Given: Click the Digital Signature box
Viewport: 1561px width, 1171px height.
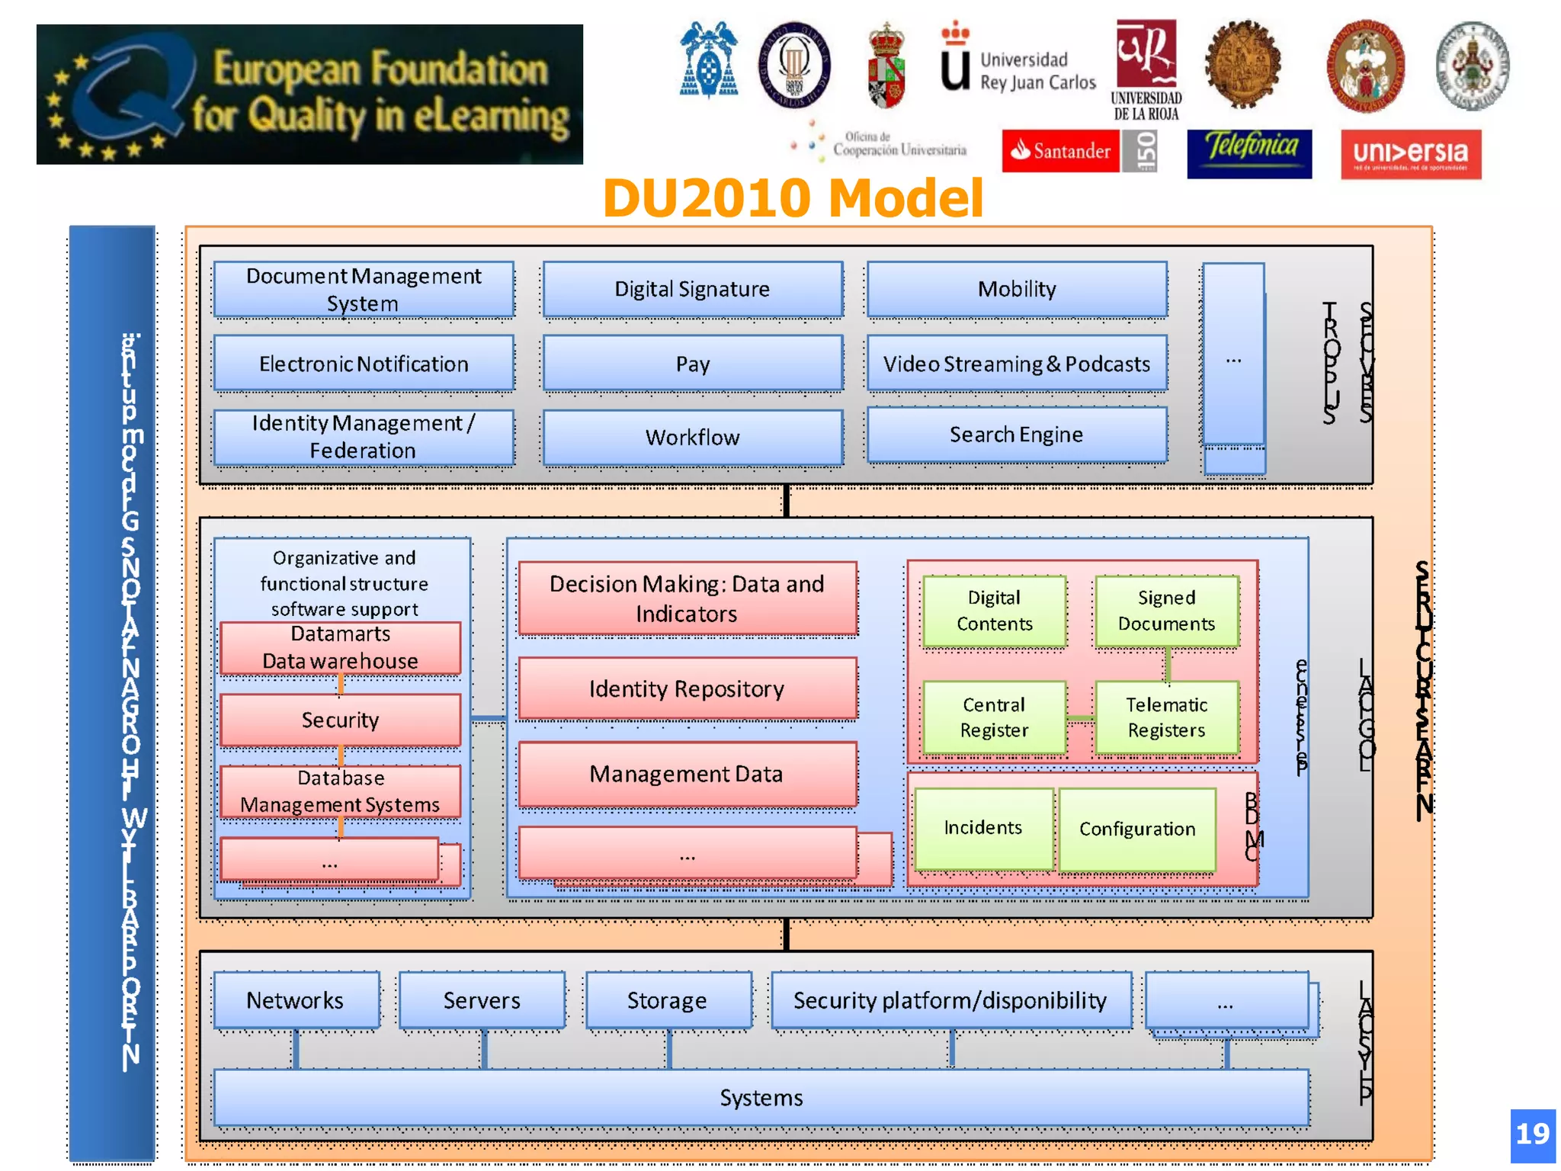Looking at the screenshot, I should pos(692,290).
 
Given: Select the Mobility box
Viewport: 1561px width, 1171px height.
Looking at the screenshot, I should pos(1017,290).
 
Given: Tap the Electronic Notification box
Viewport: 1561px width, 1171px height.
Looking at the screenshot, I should pos(364,364).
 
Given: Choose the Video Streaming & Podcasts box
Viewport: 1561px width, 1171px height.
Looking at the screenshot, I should pos(1017,364).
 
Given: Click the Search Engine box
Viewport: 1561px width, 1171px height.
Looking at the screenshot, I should pos(1017,435).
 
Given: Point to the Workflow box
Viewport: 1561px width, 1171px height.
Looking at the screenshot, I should pos(692,438).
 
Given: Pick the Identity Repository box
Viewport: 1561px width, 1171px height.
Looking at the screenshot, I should pos(687,689).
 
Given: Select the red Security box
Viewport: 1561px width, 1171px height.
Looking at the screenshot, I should pos(340,720).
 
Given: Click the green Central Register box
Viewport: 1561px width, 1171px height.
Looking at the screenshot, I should pos(994,717).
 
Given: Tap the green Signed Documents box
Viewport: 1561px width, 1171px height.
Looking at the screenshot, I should pos(1166,611).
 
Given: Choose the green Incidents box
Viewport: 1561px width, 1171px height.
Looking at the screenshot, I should pos(983,828).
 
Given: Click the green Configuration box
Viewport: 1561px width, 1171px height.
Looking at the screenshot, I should pos(1137,829).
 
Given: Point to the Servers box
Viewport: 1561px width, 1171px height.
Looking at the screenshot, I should pos(482,1000).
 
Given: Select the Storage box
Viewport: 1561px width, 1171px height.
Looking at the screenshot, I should pos(668,1000).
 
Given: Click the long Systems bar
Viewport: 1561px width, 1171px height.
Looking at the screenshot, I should pos(761,1098).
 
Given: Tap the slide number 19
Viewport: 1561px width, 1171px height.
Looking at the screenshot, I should pos(1533,1134).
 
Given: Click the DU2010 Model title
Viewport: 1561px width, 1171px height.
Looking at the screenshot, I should pos(793,198).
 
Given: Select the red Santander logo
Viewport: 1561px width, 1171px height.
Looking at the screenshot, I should pos(1060,151).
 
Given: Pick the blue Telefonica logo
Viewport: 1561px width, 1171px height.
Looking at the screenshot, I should pos(1249,153).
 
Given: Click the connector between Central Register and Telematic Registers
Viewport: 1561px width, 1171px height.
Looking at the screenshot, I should pos(1080,718).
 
